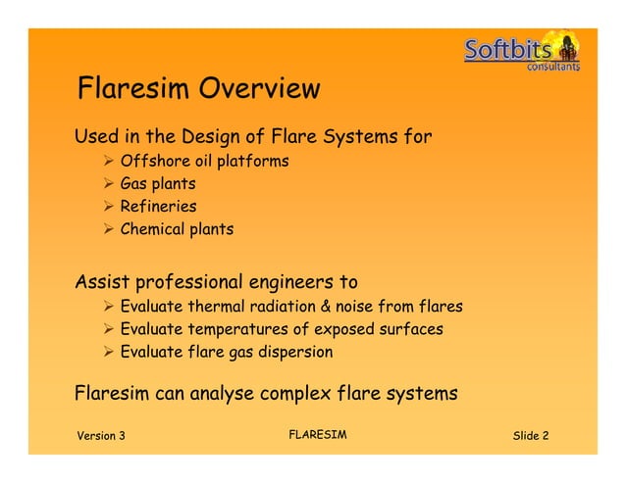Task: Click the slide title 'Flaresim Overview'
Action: [198, 89]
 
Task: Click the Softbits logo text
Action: [508, 50]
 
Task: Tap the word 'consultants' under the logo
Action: [553, 68]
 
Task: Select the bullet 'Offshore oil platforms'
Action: [204, 161]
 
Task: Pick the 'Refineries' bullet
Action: [158, 207]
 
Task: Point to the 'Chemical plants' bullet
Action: [177, 230]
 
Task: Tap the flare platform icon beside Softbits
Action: [566, 46]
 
